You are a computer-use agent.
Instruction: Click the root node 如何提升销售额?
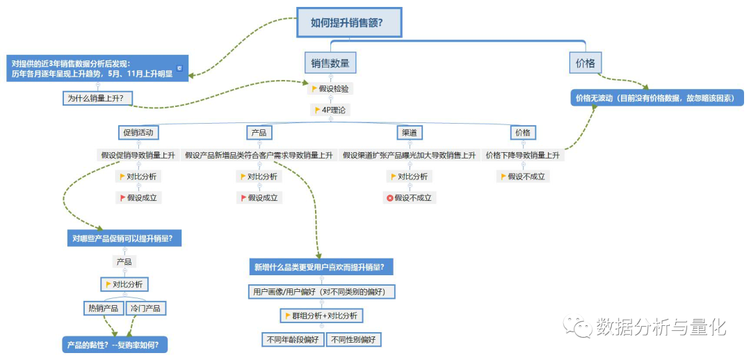tap(349, 23)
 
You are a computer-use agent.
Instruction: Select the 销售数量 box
tap(330, 63)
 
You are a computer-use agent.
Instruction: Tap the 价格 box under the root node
tap(585, 63)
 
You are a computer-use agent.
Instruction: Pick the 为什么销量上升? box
tap(99, 99)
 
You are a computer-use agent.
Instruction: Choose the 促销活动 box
tap(138, 133)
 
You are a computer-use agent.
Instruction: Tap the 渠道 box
tap(408, 133)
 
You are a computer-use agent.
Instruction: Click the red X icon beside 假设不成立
tap(390, 198)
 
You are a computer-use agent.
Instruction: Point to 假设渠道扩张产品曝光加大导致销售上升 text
tap(409, 155)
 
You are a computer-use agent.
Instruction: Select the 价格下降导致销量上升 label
tap(522, 155)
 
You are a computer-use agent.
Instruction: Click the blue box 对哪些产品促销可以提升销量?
tap(124, 238)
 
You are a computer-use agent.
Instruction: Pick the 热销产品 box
tap(104, 308)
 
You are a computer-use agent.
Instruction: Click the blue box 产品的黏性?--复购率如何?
tap(115, 344)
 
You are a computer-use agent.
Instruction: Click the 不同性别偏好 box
tap(353, 340)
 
